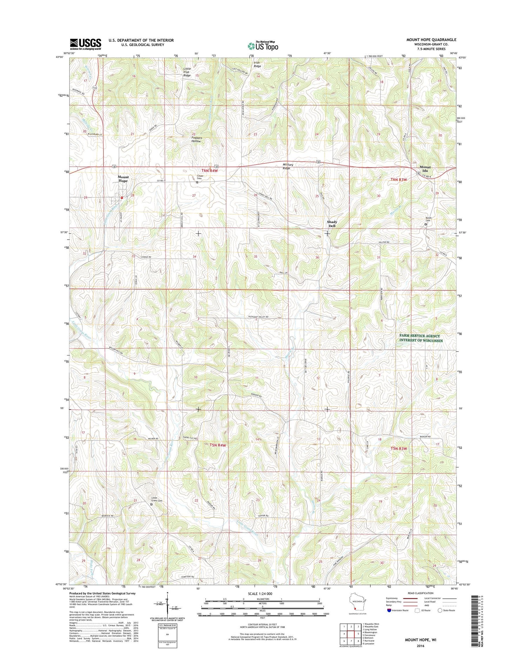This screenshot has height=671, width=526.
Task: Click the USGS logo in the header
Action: [x=86, y=44]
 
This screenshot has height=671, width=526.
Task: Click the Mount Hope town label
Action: [x=123, y=179]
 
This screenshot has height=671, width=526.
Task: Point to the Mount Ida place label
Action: [x=425, y=169]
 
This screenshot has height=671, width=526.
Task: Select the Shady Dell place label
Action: [x=332, y=224]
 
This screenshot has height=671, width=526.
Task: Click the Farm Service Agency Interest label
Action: [x=421, y=338]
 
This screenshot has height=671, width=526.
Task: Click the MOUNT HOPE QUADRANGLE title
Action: [x=431, y=40]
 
